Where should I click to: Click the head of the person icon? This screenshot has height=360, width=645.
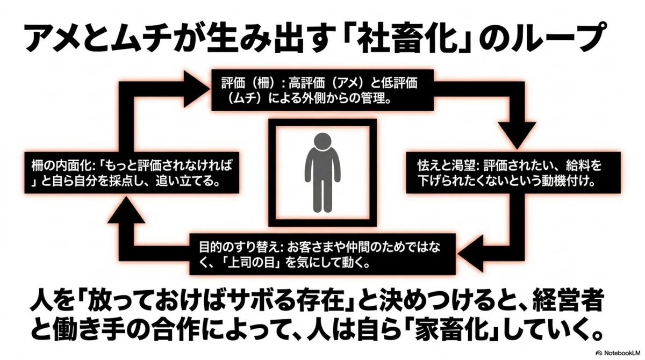[x=322, y=142]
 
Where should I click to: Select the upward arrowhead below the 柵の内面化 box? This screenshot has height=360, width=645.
[x=126, y=209]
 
